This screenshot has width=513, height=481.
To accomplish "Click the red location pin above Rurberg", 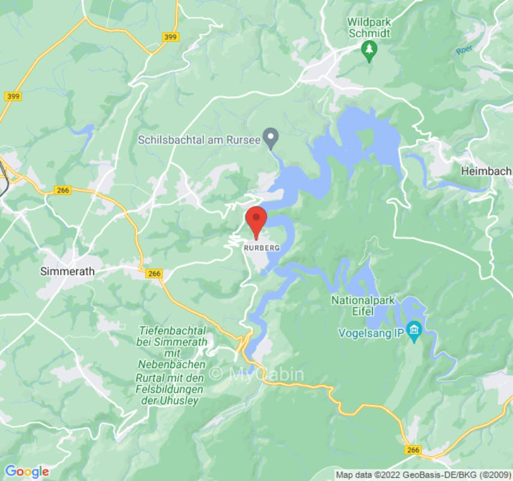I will pos(257,220).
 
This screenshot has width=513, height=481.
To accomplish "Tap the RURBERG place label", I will pos(262,248).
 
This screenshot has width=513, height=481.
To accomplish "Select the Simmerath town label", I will pos(67,271).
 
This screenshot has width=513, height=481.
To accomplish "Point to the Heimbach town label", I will pos(486,171).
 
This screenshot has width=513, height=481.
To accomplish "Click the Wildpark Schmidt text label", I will pos(368,28).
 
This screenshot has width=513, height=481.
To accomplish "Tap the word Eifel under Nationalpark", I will pos(363,311).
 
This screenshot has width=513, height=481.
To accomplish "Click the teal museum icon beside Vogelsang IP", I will pos(414,329).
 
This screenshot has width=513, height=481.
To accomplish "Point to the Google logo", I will pos(26,471).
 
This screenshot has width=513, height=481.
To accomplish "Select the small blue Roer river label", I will pos(463,51).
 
